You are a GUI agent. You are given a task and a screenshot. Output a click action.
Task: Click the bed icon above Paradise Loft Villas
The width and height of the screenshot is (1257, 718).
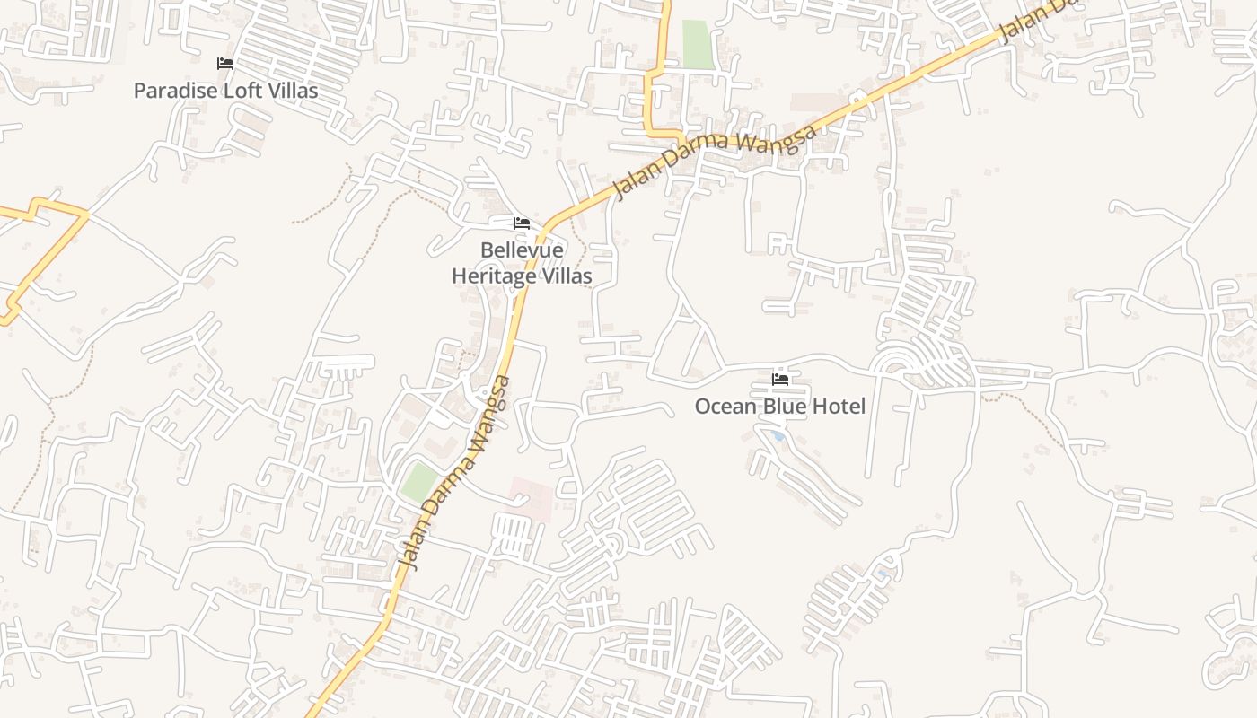[225, 64]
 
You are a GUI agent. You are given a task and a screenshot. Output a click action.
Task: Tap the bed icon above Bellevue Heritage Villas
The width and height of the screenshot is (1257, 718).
[522, 223]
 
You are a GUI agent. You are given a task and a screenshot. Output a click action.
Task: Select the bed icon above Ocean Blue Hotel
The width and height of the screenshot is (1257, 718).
[780, 380]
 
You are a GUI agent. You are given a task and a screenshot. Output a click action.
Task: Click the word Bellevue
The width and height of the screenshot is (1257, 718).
[522, 250]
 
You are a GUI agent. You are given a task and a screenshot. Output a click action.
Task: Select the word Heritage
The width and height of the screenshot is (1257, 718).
[495, 276]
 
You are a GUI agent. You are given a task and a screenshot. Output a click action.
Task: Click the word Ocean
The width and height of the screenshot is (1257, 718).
[725, 407]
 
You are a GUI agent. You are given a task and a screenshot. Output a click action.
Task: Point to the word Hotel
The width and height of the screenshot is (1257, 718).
[839, 407]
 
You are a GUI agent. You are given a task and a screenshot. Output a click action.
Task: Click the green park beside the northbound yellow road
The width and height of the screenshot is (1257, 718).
[697, 44]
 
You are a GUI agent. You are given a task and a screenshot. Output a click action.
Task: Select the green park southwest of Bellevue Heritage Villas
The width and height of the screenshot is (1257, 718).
[418, 483]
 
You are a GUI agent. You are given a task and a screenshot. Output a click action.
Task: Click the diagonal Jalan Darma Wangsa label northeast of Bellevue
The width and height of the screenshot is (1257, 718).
[715, 162]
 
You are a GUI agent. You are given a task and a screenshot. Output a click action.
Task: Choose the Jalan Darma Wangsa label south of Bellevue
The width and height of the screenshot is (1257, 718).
[455, 472]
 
